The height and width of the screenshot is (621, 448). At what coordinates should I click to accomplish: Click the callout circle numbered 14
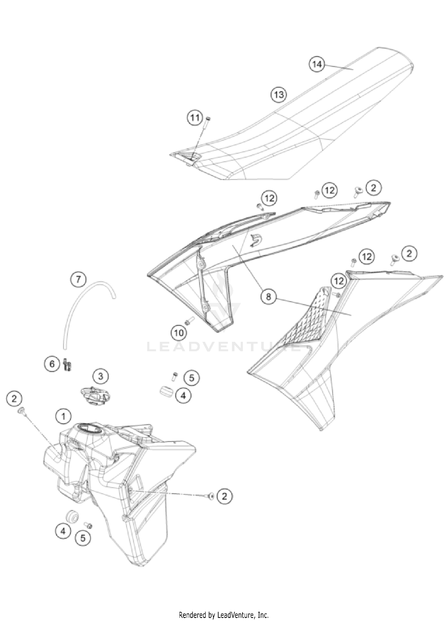317,64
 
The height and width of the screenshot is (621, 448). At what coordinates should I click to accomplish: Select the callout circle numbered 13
278,95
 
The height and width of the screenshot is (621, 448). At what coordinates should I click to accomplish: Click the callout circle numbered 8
268,296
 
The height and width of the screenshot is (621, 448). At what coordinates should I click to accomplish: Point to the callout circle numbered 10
179,332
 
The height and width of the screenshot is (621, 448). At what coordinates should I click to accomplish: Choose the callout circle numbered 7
78,279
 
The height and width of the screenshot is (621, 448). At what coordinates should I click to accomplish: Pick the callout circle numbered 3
101,377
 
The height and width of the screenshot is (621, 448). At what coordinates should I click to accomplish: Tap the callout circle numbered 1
63,416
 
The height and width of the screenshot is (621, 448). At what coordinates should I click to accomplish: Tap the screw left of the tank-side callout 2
211,496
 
